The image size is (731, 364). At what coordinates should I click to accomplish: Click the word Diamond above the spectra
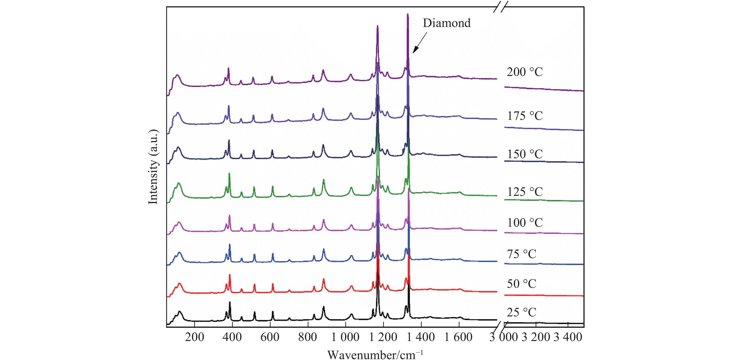[x=446, y=23]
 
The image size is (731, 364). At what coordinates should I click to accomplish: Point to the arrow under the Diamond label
[x=420, y=43]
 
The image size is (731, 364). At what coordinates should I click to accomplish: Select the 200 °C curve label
[x=524, y=72]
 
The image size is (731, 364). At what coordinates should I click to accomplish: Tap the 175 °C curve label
[x=524, y=116]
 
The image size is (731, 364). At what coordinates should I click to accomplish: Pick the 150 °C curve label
[x=524, y=154]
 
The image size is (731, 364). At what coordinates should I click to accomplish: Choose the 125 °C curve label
[x=524, y=192]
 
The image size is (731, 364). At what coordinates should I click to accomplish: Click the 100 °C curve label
[x=524, y=223]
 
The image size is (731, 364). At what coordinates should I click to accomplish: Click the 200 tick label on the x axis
[x=194, y=337]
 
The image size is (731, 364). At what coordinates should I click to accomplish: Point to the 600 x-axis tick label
[x=270, y=337]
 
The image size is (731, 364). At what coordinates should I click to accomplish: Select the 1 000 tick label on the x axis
[x=345, y=337]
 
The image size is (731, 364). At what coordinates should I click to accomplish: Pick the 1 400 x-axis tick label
[x=420, y=337]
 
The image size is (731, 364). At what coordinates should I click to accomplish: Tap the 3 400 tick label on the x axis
[x=568, y=337]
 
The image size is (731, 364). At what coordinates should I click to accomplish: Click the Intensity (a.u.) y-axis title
[x=153, y=167]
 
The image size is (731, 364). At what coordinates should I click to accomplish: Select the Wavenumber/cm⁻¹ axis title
[x=375, y=355]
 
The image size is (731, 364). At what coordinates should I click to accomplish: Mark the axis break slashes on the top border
[x=501, y=7]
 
